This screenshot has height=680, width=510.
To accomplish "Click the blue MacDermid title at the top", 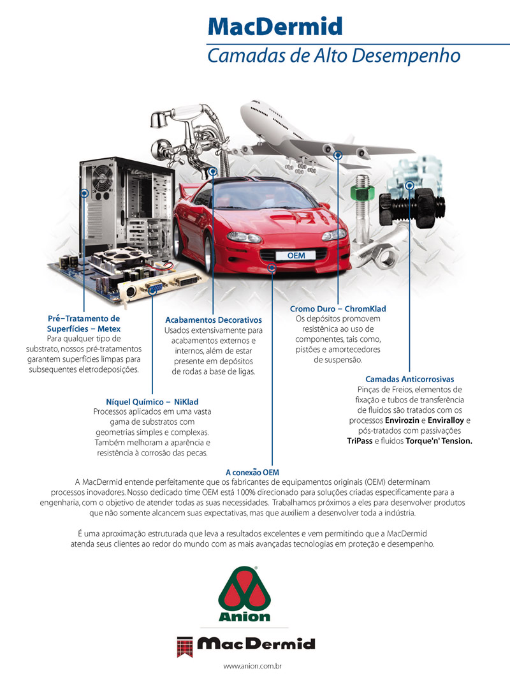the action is click(275, 26).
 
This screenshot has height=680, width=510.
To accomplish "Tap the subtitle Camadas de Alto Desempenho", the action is click(333, 56).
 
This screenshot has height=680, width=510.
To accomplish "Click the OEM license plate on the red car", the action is click(296, 255).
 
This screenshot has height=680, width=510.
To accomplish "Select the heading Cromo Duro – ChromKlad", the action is click(338, 309).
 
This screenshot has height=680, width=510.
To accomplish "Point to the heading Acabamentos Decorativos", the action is click(214, 320).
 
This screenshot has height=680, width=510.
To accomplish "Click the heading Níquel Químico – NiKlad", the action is click(152, 402).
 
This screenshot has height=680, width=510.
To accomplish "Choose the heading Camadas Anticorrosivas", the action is click(409, 379).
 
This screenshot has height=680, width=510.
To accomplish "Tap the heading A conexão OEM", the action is click(252, 472).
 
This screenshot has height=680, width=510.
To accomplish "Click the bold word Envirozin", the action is click(402, 420).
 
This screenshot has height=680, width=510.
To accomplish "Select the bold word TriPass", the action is click(360, 441).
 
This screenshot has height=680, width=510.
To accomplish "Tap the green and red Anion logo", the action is click(244, 594).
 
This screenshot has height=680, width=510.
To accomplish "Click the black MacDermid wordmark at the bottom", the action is click(256, 644).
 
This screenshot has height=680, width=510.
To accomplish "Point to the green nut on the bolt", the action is click(362, 191).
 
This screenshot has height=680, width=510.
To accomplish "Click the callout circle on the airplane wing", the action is click(338, 155).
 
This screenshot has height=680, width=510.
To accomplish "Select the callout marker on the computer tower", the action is click(85, 193).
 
